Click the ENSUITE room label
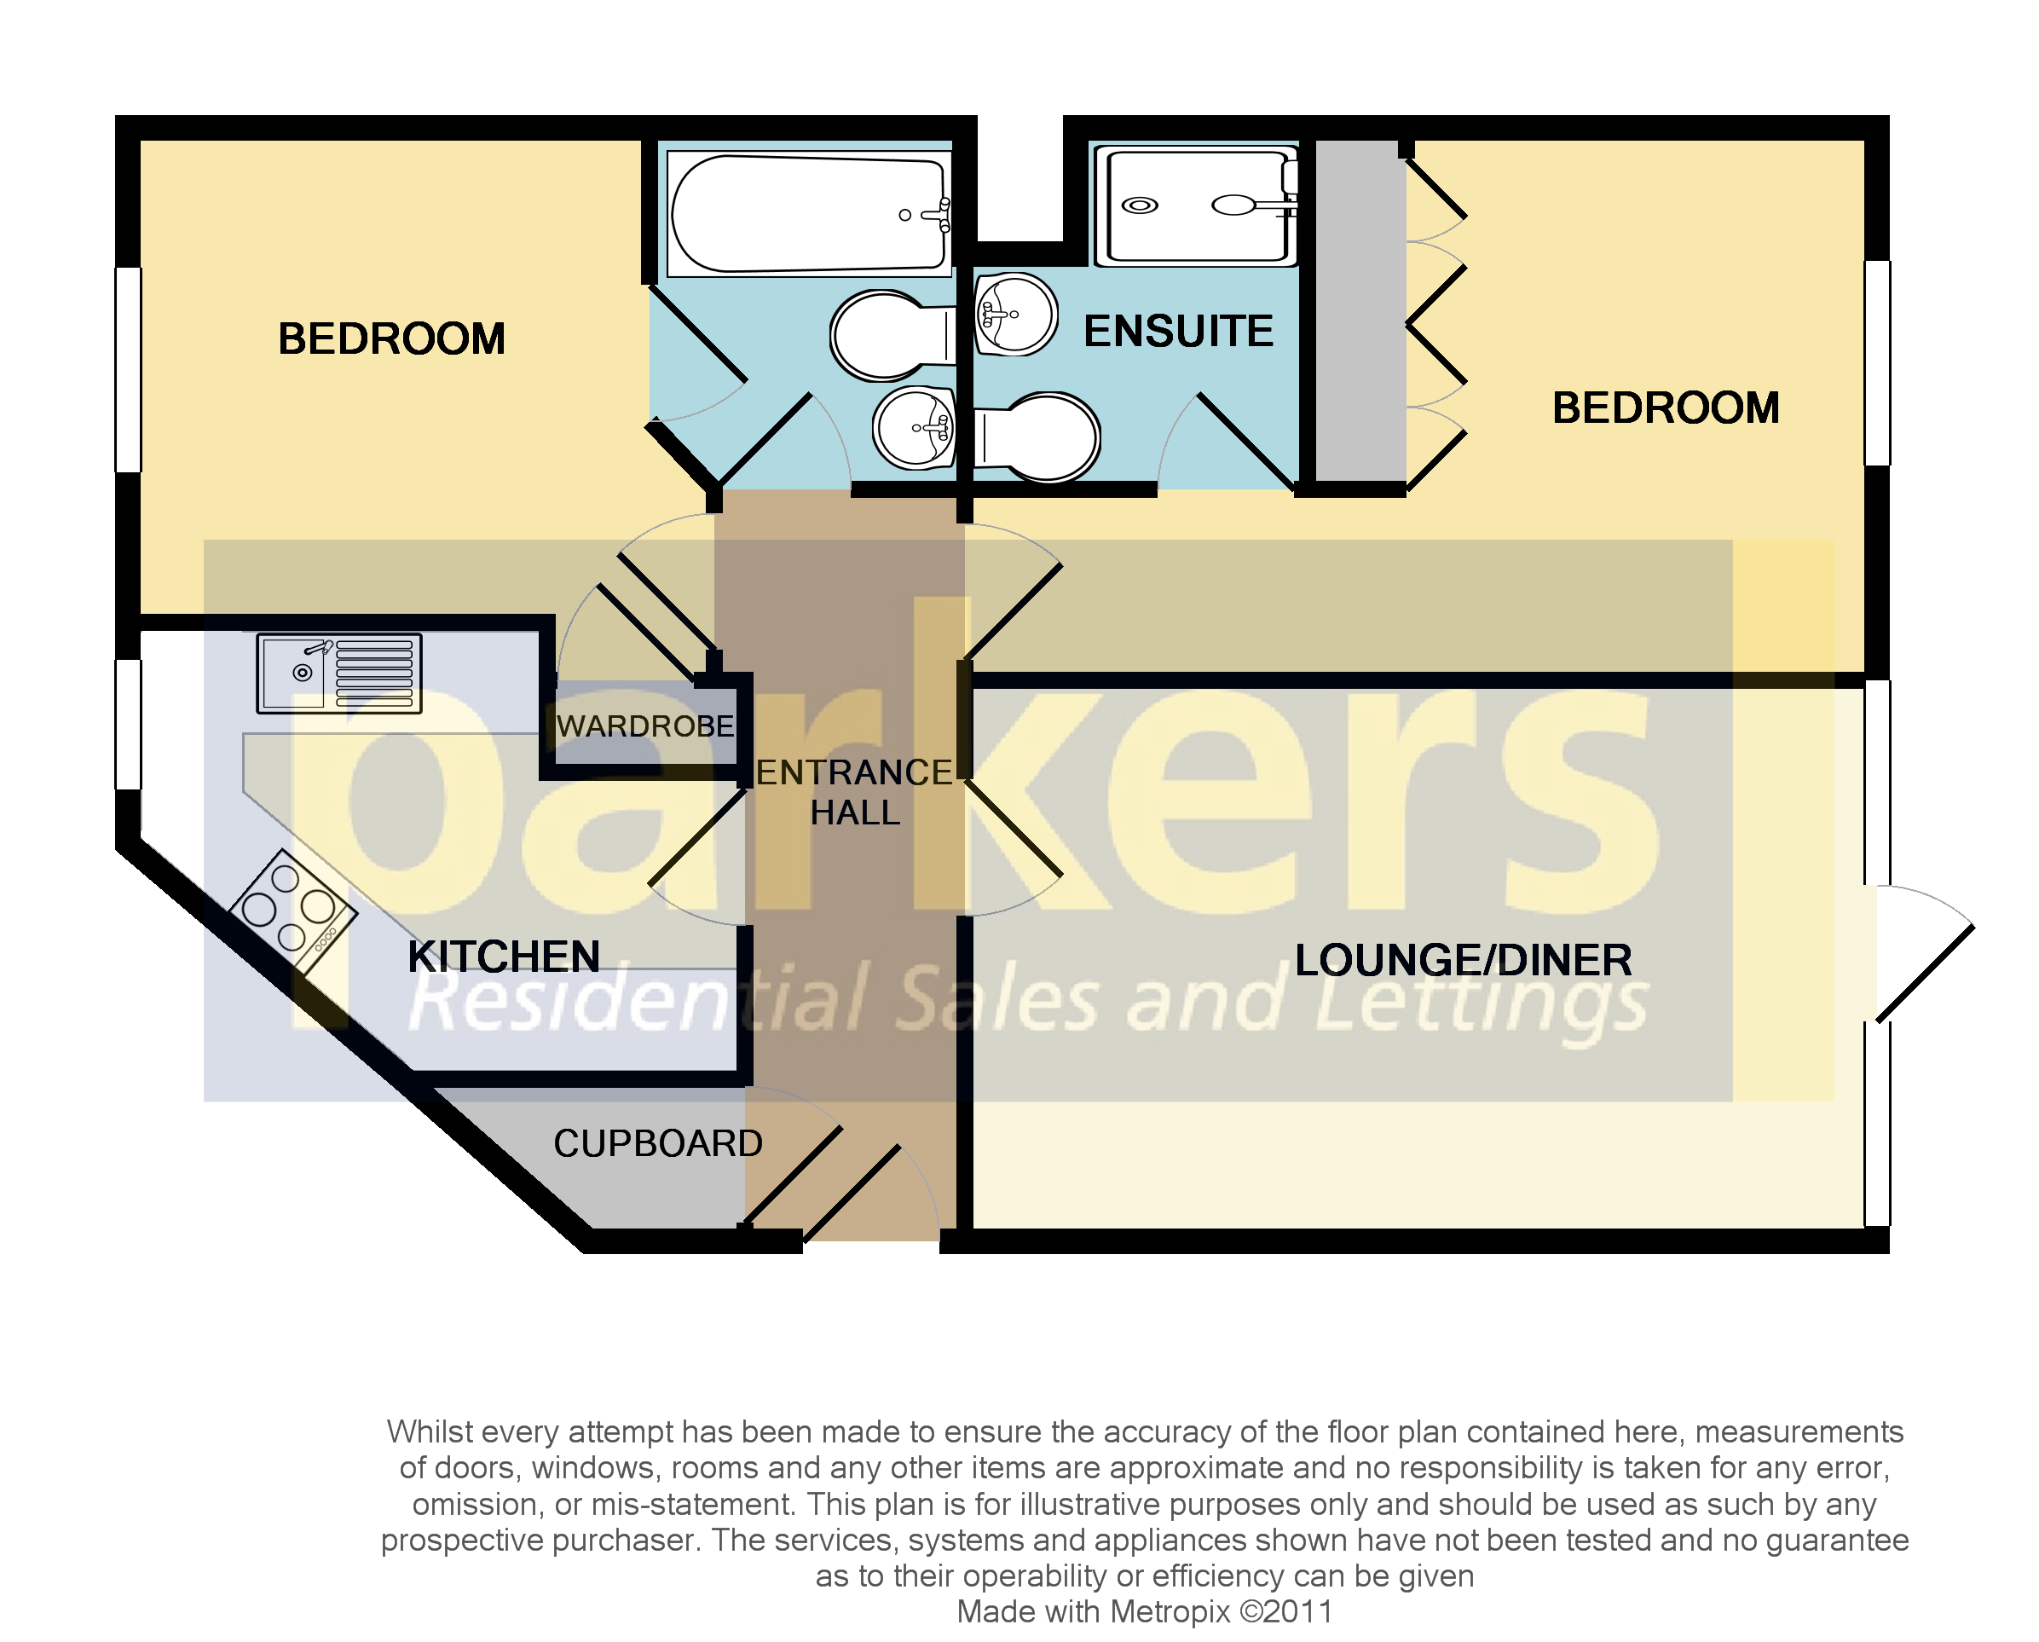point(1177,331)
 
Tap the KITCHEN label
point(503,957)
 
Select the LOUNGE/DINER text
point(1462,960)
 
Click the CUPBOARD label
point(657,1143)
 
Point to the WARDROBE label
point(645,726)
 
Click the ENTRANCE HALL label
point(854,793)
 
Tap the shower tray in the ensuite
point(1196,205)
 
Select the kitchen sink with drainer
point(338,673)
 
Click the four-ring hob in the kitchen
point(293,909)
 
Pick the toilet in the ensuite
point(1038,438)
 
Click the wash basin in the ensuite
point(1014,314)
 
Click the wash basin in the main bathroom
point(915,427)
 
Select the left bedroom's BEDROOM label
point(390,338)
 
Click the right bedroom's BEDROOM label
point(1665,408)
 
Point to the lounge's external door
point(1925,973)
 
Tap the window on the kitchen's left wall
point(128,725)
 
